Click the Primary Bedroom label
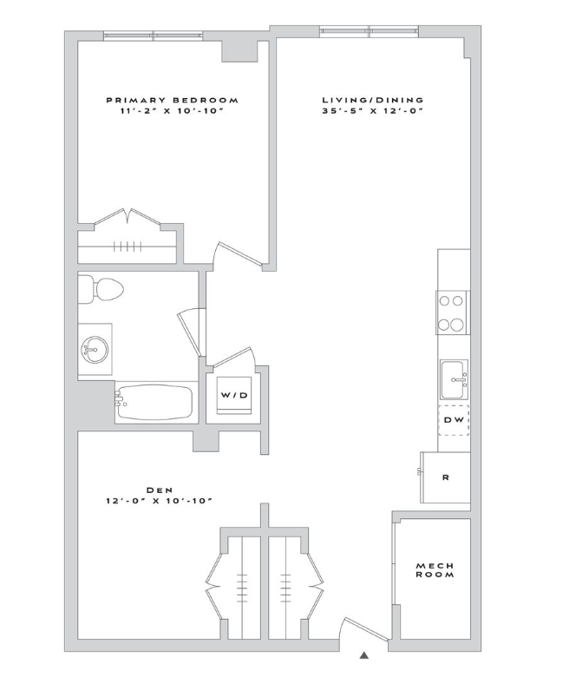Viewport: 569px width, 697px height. (x=172, y=100)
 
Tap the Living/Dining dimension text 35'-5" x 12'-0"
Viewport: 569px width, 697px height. (x=372, y=111)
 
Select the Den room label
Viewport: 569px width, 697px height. (x=160, y=490)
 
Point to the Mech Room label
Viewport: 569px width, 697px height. (x=435, y=570)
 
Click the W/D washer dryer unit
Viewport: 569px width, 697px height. (x=234, y=395)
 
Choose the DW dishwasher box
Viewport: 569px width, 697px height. (x=454, y=420)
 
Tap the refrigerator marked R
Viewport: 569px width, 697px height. (x=445, y=477)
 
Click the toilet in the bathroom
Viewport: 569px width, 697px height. (x=101, y=289)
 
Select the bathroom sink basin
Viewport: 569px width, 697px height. (x=95, y=350)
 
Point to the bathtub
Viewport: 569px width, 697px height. (x=154, y=402)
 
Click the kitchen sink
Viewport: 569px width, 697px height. (x=455, y=379)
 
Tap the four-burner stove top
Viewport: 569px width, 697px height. (x=452, y=313)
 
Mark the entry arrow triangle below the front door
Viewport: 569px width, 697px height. (x=364, y=654)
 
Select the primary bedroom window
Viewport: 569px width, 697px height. (x=154, y=36)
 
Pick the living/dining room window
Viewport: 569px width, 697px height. (x=370, y=31)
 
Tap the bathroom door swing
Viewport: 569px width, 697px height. (x=192, y=332)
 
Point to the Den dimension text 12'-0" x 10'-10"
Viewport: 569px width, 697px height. (x=158, y=501)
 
